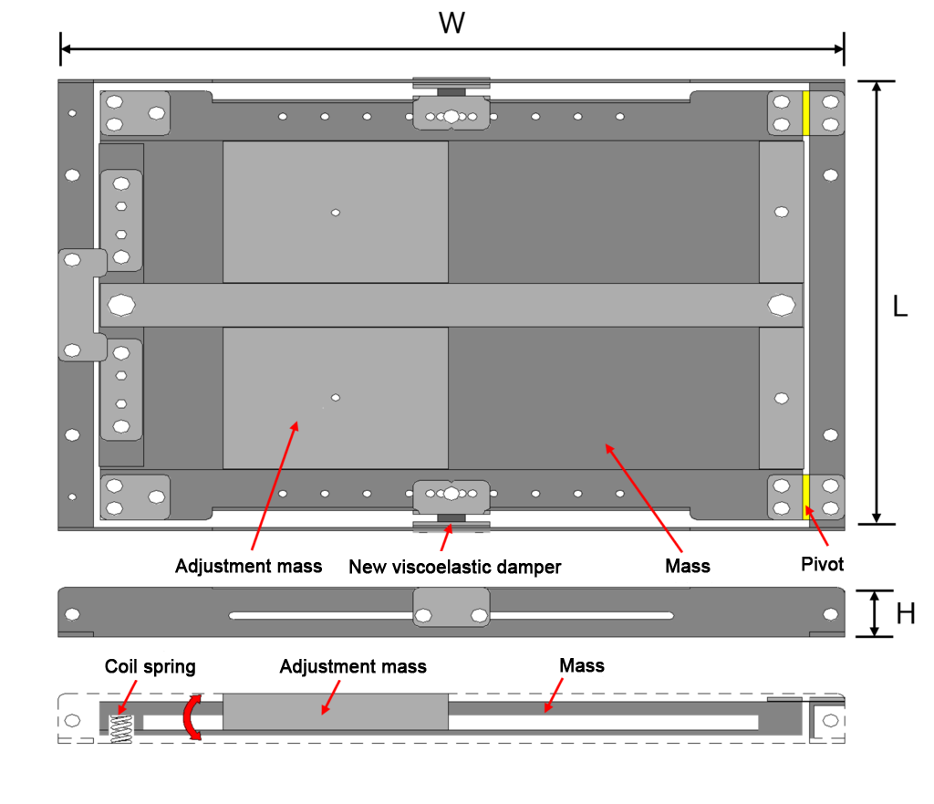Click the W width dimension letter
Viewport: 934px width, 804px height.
[451, 23]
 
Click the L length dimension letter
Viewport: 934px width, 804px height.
[900, 307]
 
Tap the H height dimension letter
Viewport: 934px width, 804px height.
[906, 613]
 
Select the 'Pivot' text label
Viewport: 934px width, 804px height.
[822, 564]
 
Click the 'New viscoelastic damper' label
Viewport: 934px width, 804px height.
[454, 567]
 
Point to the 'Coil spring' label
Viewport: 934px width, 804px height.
[150, 666]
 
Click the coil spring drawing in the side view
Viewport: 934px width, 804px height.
[121, 728]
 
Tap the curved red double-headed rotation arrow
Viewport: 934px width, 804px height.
[192, 717]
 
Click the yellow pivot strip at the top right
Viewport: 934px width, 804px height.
[806, 112]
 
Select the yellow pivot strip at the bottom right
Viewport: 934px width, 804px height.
[806, 496]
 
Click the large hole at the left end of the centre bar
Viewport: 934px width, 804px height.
[121, 305]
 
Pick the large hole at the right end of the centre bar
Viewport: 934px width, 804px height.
[782, 305]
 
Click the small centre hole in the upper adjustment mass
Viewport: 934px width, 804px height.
[336, 212]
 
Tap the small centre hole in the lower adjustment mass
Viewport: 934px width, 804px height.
[336, 398]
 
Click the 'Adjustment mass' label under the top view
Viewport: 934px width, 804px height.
[248, 566]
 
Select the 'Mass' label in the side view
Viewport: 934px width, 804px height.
[582, 665]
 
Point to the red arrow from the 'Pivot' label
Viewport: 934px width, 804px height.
[816, 526]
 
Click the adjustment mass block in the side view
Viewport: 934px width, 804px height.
[336, 712]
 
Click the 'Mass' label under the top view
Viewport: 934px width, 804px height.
[688, 566]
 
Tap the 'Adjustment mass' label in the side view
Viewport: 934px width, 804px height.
[353, 666]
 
